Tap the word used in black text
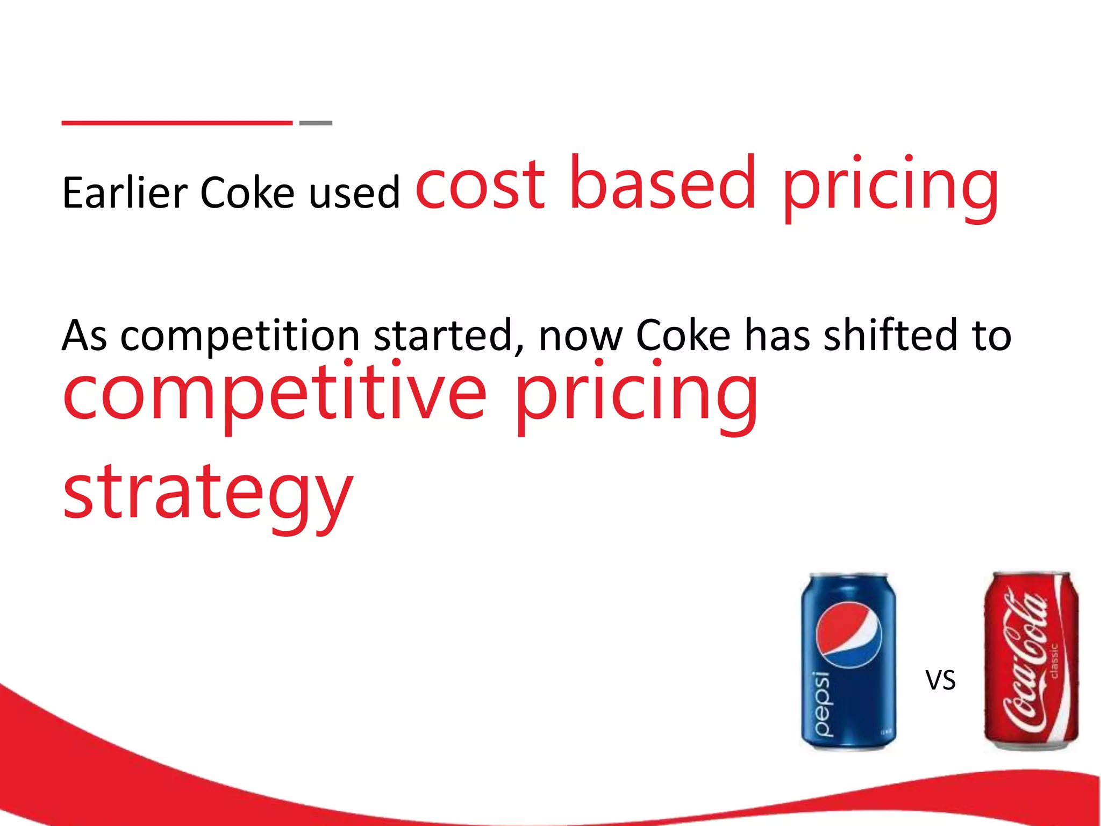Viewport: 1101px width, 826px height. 355,193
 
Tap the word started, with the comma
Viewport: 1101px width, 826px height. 449,336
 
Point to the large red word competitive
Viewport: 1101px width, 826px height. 275,395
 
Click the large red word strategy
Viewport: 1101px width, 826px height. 208,494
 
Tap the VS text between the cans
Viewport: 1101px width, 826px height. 940,680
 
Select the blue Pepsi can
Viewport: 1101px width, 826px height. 849,661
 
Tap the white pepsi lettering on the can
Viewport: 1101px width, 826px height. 823,704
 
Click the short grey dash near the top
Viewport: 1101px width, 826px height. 316,123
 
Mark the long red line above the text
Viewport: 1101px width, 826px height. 177,123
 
